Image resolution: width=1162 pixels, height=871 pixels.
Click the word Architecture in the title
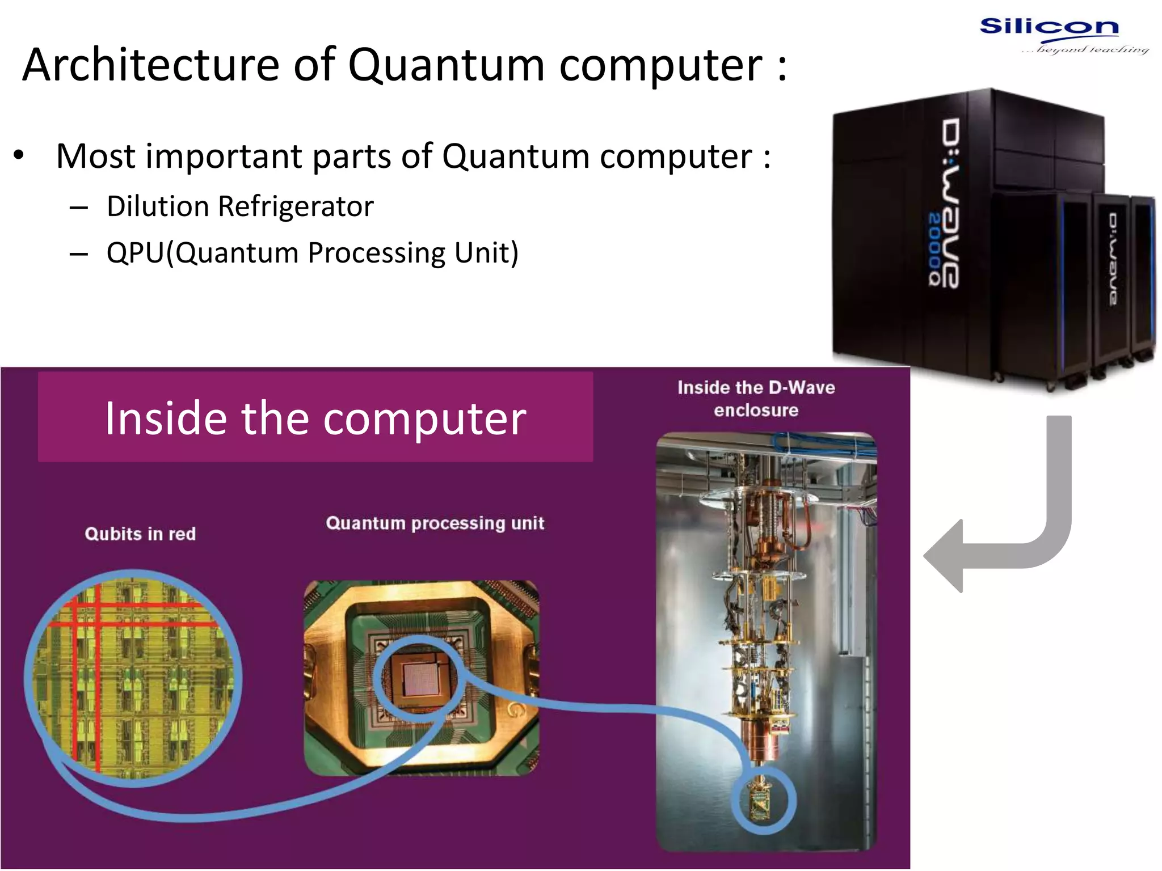point(150,65)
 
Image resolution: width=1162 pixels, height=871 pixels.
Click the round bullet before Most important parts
point(19,155)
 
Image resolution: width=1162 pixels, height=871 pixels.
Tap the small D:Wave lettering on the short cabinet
point(1114,259)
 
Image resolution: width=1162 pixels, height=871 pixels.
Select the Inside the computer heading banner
point(315,417)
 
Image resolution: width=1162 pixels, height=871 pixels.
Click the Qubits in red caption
point(140,534)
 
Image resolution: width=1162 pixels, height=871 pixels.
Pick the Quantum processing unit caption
point(435,523)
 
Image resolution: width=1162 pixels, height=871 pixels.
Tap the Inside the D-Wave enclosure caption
point(756,399)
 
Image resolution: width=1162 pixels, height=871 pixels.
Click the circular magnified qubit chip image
point(133,678)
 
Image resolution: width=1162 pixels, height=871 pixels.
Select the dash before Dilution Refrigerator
point(78,208)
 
